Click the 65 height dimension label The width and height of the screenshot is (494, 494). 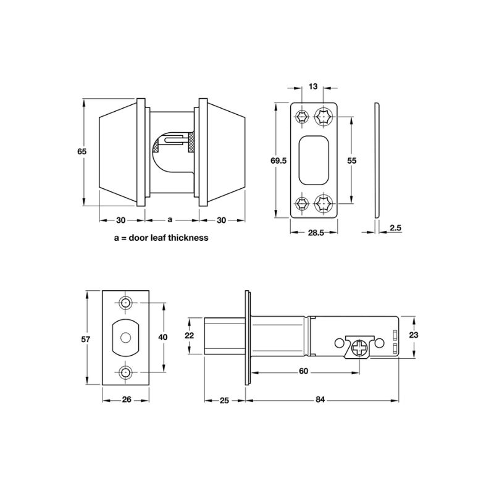click(82, 151)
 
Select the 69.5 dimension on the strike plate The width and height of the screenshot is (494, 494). click(278, 161)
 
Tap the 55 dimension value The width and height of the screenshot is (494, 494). click(351, 161)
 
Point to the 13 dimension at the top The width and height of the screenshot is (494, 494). click(313, 86)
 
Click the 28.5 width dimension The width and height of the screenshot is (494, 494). click(316, 233)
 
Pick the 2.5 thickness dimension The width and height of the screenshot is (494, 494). click(396, 228)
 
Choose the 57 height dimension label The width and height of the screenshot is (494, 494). click(86, 339)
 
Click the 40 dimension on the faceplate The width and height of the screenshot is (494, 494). click(162, 337)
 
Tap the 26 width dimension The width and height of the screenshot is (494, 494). click(127, 400)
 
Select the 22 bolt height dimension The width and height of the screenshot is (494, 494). click(190, 335)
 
